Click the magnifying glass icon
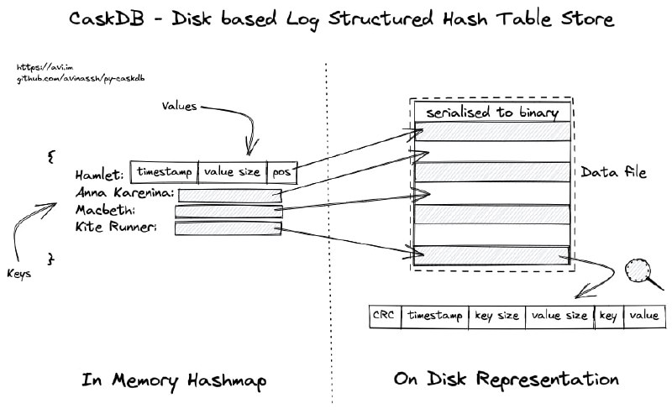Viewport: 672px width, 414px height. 639,272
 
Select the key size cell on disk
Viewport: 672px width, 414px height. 496,316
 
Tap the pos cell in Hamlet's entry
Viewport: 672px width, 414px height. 281,171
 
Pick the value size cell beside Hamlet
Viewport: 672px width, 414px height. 233,171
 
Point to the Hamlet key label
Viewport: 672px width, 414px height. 100,175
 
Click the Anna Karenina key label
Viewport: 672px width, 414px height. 124,194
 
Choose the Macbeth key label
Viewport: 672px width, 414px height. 105,210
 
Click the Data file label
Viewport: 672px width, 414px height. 614,172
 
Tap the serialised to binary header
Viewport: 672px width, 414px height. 492,113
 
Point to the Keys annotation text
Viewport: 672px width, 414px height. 20,273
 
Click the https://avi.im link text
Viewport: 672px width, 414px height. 38,66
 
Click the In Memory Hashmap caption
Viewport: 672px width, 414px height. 174,380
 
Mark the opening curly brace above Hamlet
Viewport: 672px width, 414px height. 50,156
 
